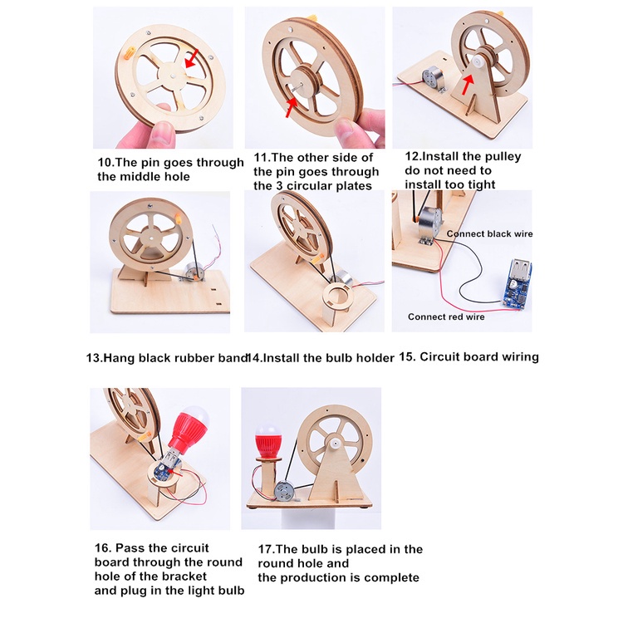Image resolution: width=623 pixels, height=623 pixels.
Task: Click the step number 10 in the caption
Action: (x=105, y=163)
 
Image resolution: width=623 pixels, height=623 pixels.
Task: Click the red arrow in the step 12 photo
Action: (x=469, y=83)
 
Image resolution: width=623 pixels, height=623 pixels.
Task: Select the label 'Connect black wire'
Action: (x=489, y=234)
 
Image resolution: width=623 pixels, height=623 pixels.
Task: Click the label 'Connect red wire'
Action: (x=446, y=316)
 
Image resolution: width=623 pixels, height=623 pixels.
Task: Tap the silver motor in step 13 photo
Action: (x=197, y=271)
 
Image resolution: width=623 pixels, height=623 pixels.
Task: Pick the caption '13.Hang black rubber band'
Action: (x=166, y=358)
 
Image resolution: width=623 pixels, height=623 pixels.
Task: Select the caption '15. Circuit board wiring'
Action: (x=469, y=357)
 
